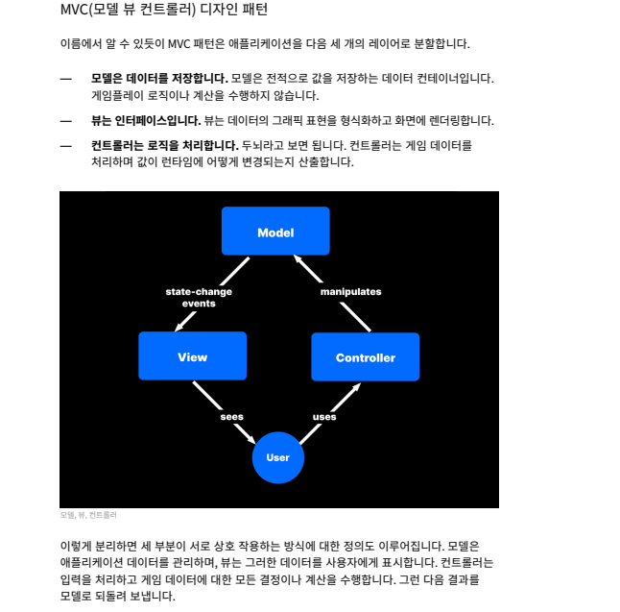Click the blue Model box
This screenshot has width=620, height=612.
click(x=275, y=232)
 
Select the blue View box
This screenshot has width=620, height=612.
click(x=192, y=356)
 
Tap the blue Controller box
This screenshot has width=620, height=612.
click(x=365, y=357)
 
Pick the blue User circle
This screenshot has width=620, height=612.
click(x=277, y=457)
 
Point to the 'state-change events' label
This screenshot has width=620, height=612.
click(x=199, y=297)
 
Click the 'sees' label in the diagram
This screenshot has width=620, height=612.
click(x=231, y=417)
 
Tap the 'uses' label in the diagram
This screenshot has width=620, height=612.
click(x=324, y=417)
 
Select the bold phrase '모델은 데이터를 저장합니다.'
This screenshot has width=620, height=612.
click(x=158, y=78)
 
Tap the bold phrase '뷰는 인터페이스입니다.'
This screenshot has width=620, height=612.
click(x=145, y=120)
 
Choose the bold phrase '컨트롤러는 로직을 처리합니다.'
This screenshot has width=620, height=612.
click(x=164, y=145)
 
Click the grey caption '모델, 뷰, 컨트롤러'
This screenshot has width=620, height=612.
click(x=88, y=515)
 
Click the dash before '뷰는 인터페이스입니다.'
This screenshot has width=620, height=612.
click(x=66, y=120)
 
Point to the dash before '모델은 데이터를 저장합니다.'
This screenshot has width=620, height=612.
click(x=66, y=78)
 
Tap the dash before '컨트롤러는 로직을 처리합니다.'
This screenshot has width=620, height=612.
click(x=66, y=145)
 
